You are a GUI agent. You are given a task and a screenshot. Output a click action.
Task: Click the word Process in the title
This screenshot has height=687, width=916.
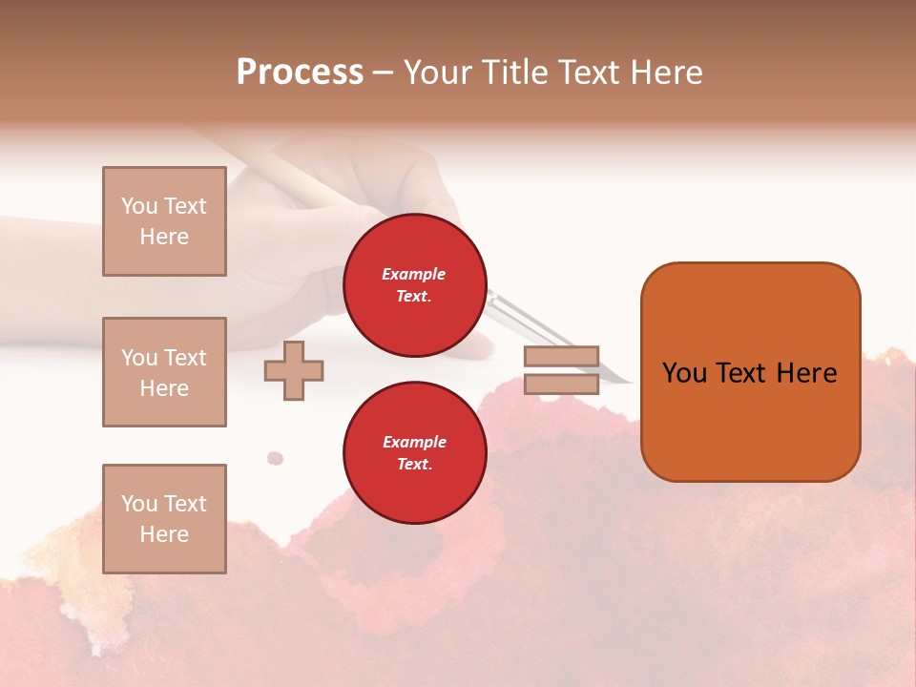(x=300, y=73)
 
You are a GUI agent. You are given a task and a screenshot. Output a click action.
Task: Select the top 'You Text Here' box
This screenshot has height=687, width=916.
(x=164, y=221)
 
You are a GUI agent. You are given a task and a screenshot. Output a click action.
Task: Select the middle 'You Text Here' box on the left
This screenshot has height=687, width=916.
(x=164, y=372)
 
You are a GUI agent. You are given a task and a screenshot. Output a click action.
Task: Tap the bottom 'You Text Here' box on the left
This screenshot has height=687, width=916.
(x=164, y=519)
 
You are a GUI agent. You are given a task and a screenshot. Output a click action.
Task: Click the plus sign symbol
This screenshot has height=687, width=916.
(x=294, y=370)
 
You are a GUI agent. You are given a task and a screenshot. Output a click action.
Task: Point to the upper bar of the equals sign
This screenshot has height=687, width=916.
(x=561, y=357)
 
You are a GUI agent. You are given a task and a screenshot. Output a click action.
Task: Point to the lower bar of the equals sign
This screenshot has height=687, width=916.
(x=561, y=385)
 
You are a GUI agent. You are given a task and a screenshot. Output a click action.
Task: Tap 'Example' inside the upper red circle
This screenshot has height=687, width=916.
(x=413, y=274)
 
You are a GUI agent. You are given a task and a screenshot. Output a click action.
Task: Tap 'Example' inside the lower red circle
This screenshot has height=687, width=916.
(x=414, y=442)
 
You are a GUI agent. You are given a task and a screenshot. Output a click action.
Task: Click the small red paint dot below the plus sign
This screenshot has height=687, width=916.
(x=275, y=458)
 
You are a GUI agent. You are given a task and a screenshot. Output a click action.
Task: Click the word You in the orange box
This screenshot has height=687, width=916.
(x=683, y=373)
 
